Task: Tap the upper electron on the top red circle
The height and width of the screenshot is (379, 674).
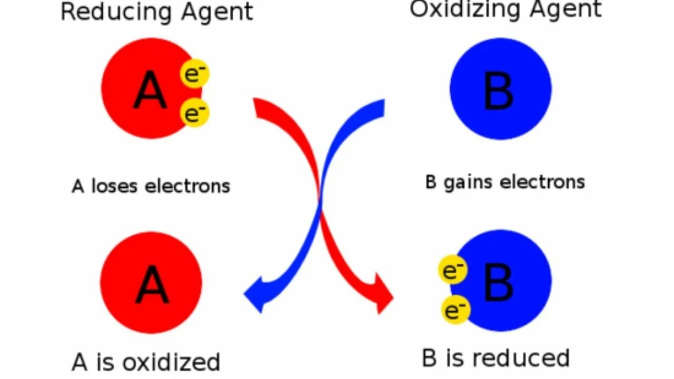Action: click(x=195, y=74)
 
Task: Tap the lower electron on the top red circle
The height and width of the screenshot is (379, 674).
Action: click(x=195, y=113)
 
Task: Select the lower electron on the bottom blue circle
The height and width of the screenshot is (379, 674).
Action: click(x=455, y=310)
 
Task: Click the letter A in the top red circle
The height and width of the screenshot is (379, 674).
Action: click(x=151, y=91)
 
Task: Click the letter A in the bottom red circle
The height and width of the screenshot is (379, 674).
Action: click(x=152, y=285)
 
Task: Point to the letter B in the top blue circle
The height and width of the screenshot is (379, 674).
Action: click(x=498, y=91)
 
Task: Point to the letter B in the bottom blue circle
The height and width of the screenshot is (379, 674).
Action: click(x=498, y=283)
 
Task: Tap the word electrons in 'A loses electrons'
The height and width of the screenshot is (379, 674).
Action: click(x=187, y=186)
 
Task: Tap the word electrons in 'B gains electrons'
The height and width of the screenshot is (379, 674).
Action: click(x=542, y=182)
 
